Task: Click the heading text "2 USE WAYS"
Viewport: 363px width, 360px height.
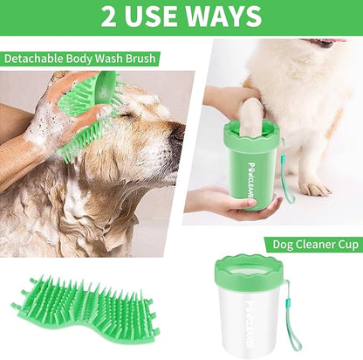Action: click(x=181, y=16)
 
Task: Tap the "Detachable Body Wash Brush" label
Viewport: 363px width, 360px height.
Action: click(x=80, y=59)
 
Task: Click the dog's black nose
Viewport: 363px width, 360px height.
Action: click(x=177, y=134)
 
